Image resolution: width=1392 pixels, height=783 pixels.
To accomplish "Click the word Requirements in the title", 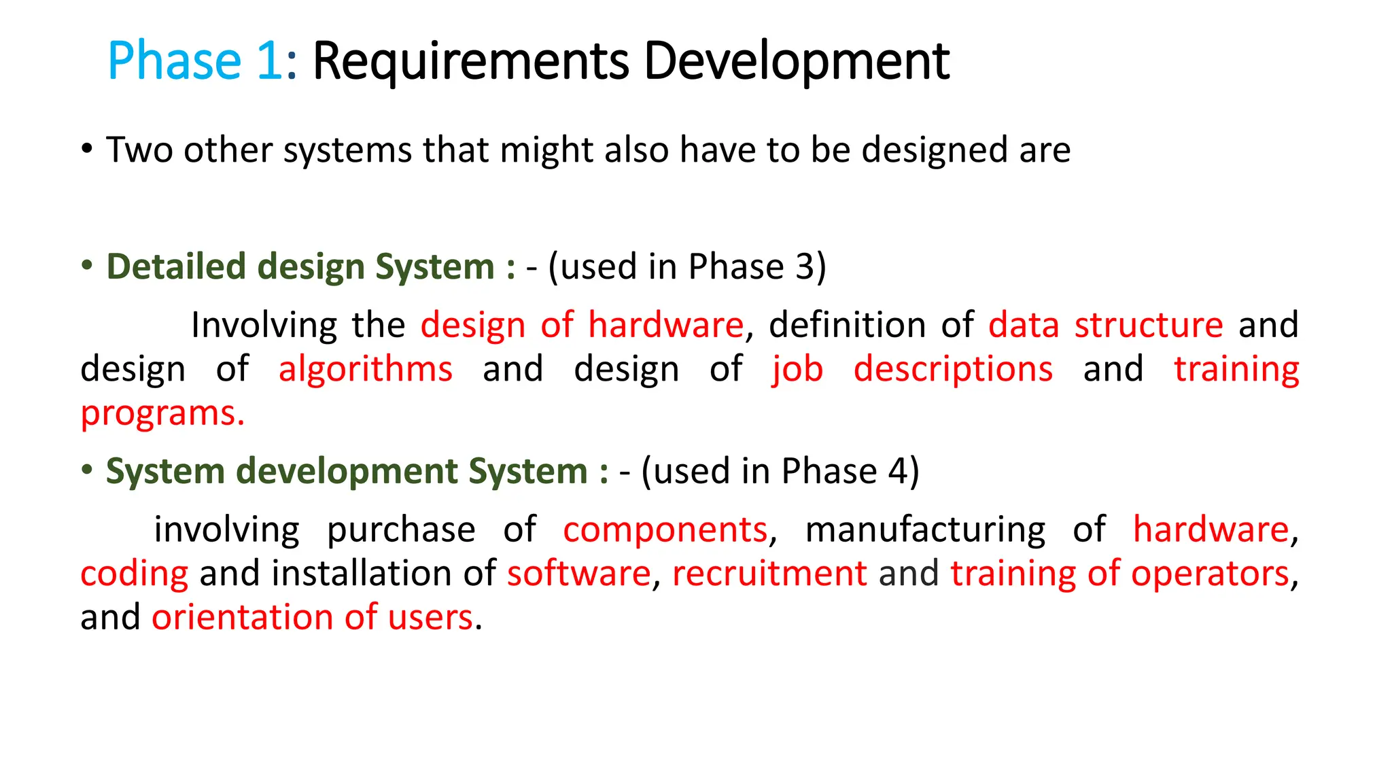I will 470,62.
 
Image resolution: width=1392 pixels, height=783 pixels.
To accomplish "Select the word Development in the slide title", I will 796,62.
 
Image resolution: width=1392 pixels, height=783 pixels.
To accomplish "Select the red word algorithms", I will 365,369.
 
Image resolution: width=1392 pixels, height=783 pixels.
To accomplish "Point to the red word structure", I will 1149,325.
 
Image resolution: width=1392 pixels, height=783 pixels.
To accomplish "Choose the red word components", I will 665,530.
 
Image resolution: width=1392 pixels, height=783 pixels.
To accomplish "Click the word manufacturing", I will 925,530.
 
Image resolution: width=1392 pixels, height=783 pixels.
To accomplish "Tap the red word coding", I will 134,574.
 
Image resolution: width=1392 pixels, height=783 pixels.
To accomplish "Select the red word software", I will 579,574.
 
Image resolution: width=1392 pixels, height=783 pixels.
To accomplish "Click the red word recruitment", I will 769,574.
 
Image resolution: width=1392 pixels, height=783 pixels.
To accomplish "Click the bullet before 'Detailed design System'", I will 86,265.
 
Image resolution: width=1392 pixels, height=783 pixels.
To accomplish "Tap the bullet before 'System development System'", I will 86,470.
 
